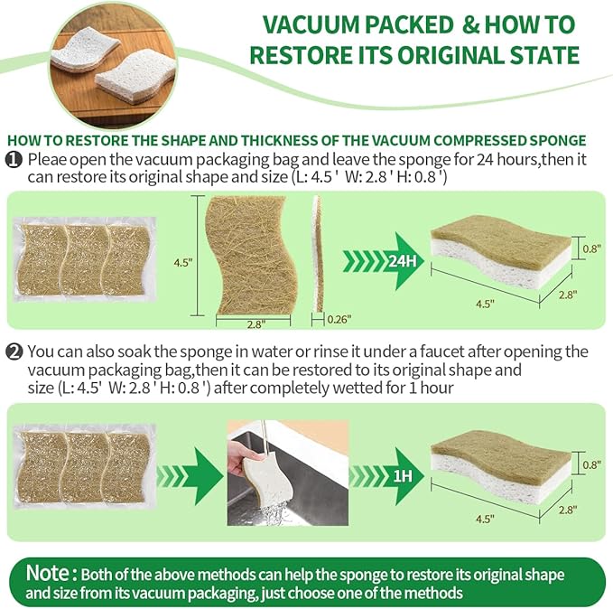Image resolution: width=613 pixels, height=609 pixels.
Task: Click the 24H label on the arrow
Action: click(401, 262)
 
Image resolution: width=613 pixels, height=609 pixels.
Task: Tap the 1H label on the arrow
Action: click(401, 474)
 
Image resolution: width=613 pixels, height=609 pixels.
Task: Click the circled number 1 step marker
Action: click(14, 158)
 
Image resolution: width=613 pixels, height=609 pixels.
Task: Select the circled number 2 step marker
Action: click(14, 351)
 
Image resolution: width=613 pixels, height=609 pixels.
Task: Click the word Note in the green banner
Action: click(50, 573)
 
